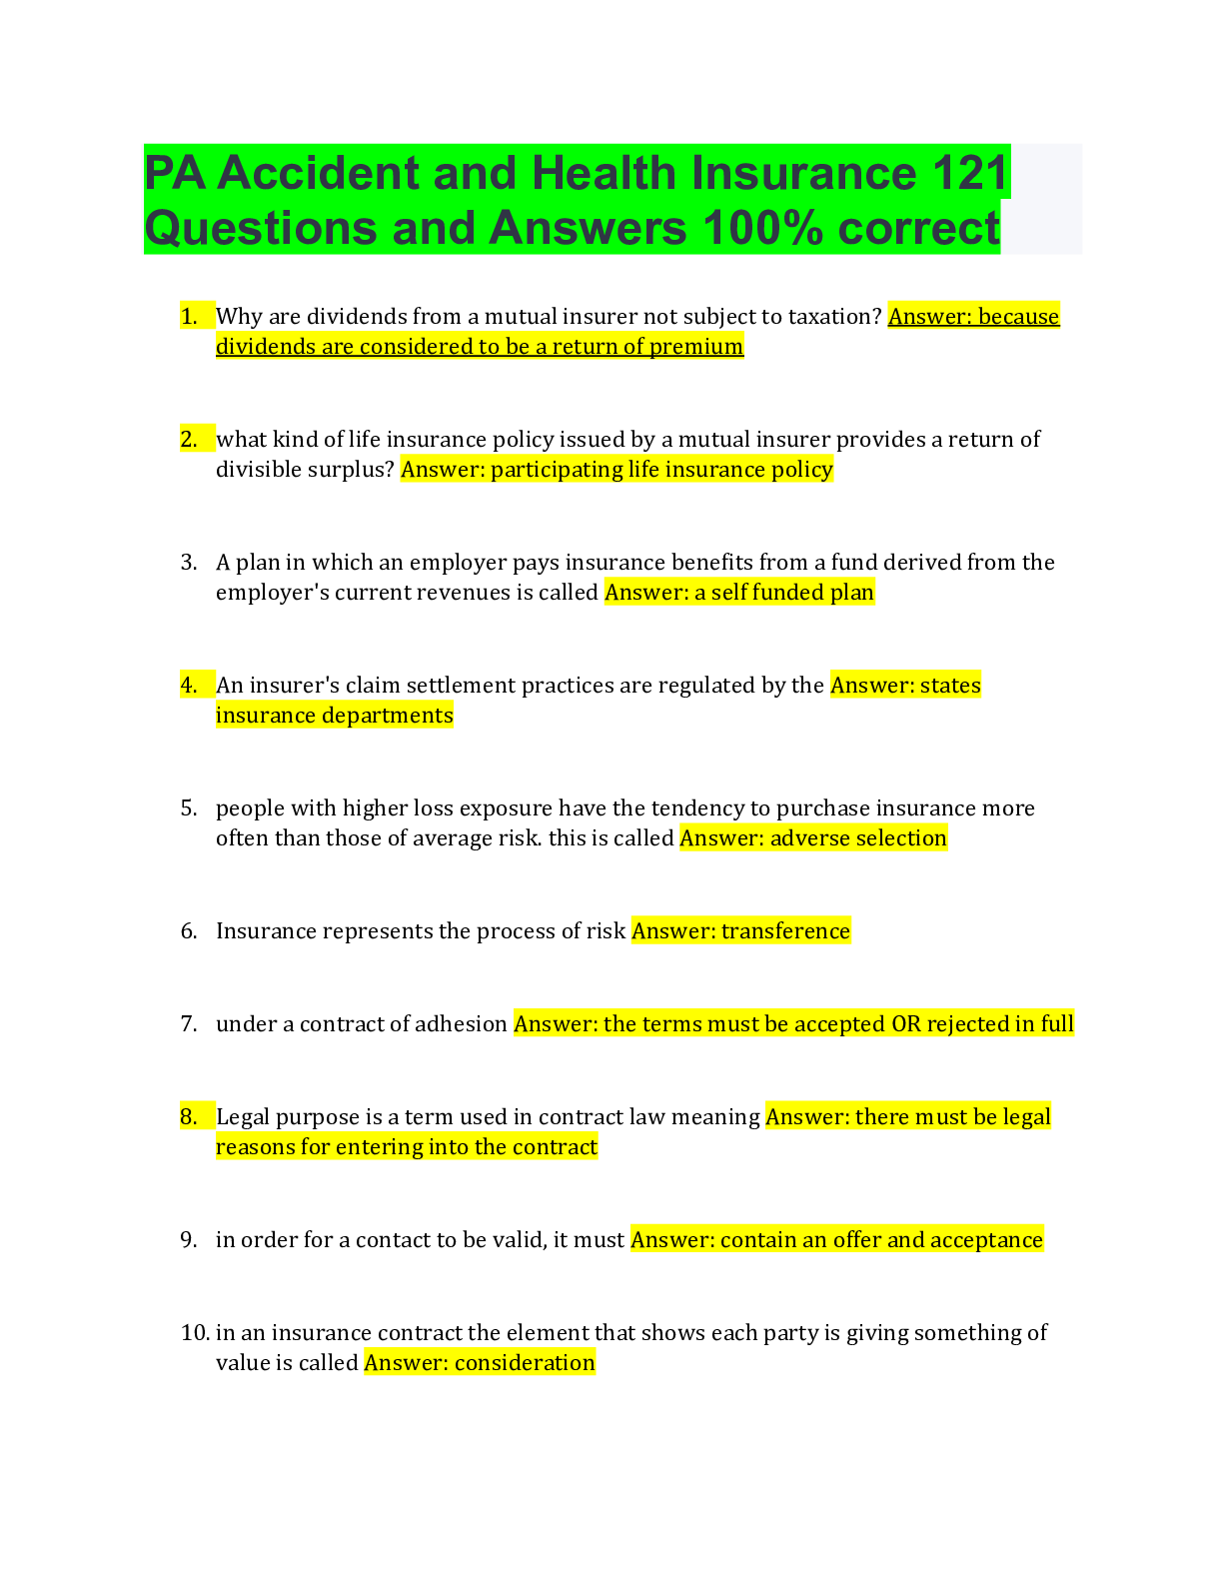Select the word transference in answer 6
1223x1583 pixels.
coord(785,931)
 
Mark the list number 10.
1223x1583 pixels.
coord(194,1333)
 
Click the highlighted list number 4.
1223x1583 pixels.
coord(189,686)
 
